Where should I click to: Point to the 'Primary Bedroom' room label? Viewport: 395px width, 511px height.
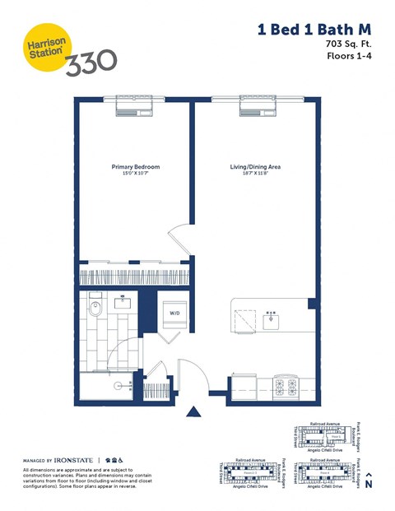pos(136,167)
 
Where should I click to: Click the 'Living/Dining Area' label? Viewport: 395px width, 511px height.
pos(255,167)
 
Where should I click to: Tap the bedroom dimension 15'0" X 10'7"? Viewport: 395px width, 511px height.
pos(136,174)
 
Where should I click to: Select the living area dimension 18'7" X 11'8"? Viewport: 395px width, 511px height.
pos(255,174)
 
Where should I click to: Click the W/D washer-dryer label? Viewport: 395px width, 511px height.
pos(175,314)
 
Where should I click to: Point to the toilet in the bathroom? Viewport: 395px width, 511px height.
pos(95,309)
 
